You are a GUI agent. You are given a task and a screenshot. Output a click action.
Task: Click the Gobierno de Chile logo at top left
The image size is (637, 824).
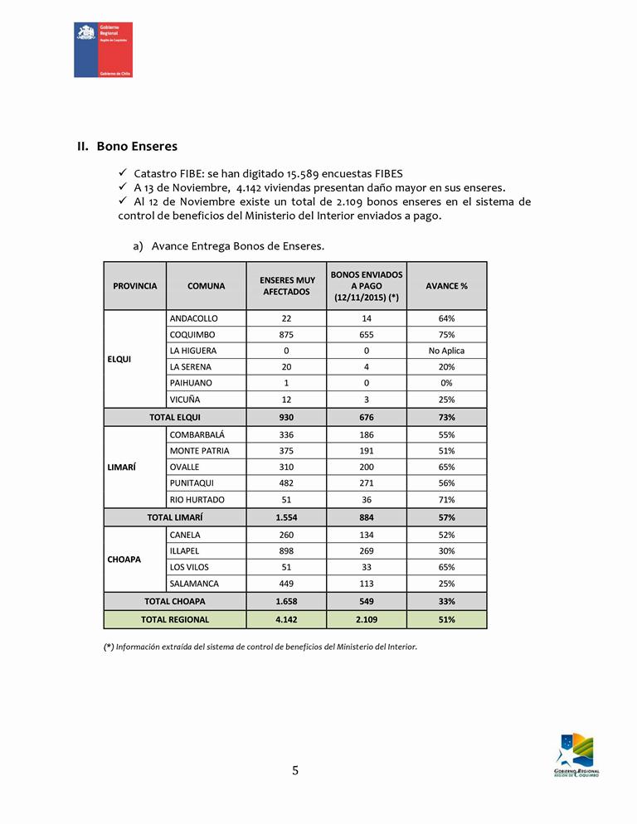tap(103, 50)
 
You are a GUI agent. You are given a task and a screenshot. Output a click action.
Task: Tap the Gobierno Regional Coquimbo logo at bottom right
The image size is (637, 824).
tap(577, 754)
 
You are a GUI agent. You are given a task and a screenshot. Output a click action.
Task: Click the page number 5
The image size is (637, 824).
tap(295, 771)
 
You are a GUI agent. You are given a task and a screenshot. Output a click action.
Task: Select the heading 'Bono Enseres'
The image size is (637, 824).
tap(137, 147)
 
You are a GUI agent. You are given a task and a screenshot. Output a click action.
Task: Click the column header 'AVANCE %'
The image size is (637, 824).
tap(446, 286)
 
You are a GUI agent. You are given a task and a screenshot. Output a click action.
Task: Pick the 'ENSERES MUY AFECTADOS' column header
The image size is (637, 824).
tap(286, 286)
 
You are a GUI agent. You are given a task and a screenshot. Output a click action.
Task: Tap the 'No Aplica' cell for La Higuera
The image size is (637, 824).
tap(446, 351)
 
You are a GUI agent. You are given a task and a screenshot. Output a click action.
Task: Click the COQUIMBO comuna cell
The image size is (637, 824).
tap(192, 335)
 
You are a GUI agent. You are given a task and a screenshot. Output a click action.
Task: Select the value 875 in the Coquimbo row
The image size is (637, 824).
tap(286, 335)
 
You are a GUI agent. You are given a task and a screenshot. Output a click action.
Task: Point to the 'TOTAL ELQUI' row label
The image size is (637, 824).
tap(175, 418)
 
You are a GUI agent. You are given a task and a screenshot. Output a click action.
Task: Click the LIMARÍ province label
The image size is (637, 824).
tap(122, 468)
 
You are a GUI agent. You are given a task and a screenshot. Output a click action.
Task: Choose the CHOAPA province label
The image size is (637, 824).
tap(124, 560)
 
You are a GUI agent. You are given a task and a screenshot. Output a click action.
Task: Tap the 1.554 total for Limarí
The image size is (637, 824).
tap(286, 517)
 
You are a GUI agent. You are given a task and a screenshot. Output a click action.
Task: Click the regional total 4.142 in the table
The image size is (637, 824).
tap(286, 619)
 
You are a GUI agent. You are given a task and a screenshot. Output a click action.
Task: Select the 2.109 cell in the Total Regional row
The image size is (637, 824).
tap(367, 619)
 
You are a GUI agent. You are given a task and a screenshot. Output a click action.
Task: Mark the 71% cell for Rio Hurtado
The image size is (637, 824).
tap(446, 500)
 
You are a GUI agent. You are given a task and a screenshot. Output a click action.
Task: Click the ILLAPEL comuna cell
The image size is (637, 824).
tap(184, 551)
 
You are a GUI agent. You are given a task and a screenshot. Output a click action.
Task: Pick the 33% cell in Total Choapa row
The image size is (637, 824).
tap(446, 601)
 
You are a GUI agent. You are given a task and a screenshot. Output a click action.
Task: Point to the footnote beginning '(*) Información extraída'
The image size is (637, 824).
tap(260, 647)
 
